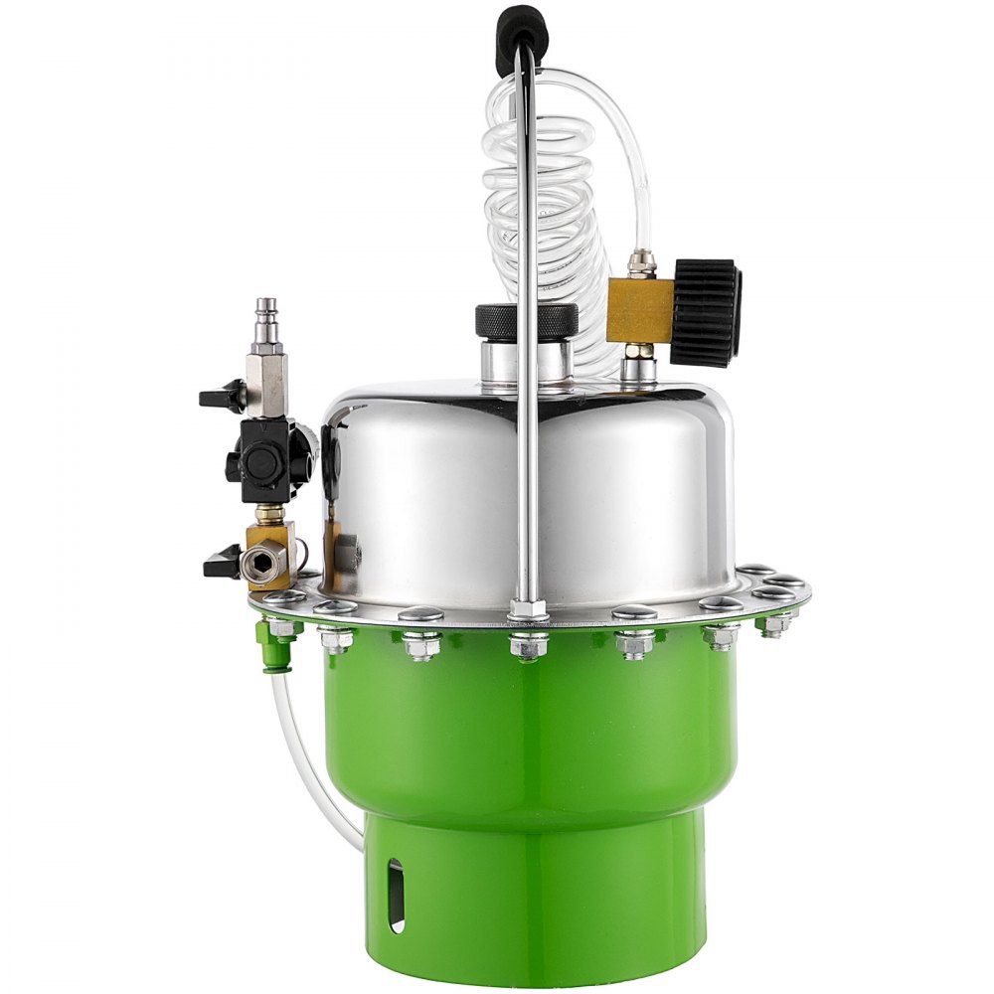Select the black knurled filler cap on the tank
pos(527,321)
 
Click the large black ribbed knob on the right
pos(707,312)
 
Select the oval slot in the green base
pos(397,895)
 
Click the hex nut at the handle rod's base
pos(527,610)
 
